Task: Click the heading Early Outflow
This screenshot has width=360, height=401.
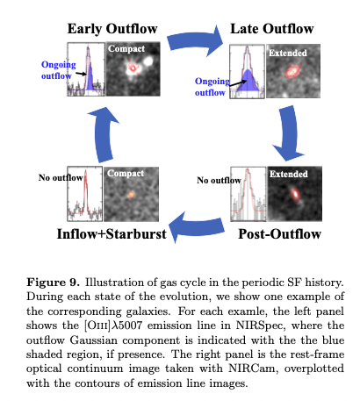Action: pos(112,29)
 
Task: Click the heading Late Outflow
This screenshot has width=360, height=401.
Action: pos(272,29)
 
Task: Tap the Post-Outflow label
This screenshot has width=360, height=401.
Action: pos(279,234)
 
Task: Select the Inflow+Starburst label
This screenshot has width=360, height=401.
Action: pos(112,234)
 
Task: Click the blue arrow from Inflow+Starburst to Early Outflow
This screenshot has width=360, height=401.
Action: pos(103,133)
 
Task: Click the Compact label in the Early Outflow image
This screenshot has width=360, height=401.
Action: pos(126,48)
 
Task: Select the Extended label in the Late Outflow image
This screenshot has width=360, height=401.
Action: pos(288,53)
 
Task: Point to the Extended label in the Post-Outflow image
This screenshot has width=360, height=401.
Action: pos(289,174)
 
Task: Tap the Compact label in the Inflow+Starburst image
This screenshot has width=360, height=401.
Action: pos(126,174)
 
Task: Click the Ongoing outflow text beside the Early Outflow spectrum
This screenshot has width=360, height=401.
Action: pos(58,70)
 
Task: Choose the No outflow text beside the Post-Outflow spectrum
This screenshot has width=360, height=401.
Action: pos(219,181)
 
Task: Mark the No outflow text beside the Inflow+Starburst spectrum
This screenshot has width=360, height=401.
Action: pos(61,178)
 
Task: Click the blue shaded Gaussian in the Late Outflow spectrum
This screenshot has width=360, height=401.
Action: pos(248,82)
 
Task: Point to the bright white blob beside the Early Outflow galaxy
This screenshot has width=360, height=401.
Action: pos(148,61)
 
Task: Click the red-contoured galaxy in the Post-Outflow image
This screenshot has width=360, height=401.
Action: pos(295,194)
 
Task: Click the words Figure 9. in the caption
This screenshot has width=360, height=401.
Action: pos(53,283)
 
